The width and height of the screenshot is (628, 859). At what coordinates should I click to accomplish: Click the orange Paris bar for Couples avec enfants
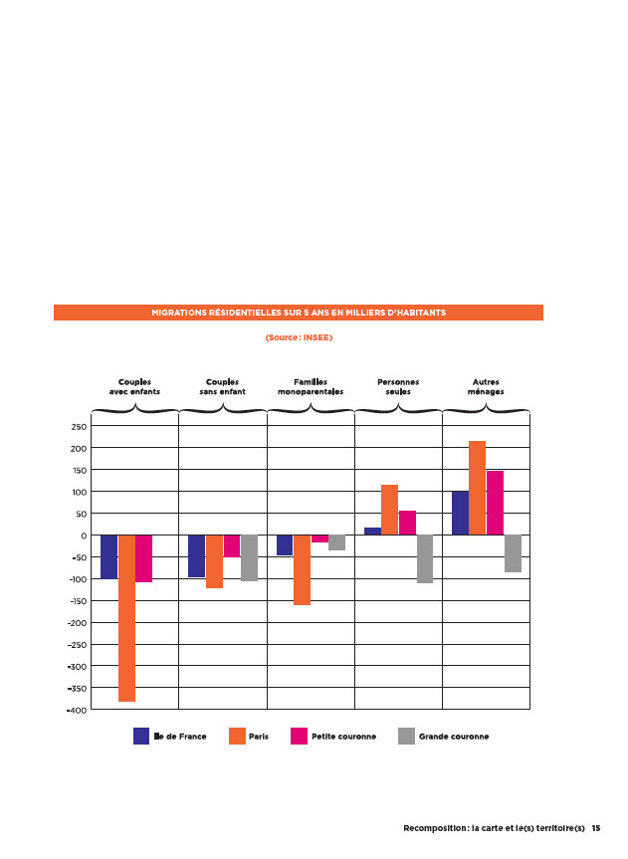click(126, 618)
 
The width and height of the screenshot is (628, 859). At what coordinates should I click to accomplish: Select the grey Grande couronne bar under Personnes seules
click(425, 558)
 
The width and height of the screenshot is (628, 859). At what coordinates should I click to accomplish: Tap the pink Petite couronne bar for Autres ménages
click(495, 503)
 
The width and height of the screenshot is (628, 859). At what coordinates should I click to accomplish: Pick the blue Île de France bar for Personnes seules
click(372, 532)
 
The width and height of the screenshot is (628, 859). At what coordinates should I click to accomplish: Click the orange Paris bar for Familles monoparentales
click(302, 569)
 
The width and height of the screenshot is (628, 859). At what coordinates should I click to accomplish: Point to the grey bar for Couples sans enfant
click(250, 557)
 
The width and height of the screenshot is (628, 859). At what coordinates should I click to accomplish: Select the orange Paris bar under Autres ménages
click(478, 488)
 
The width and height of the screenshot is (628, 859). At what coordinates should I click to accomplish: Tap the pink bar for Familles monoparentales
click(320, 538)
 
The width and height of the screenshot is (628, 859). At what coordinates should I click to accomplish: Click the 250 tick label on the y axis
click(79, 427)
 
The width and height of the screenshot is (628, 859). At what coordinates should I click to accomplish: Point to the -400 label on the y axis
click(77, 710)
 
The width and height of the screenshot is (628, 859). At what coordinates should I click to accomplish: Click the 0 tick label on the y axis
click(84, 536)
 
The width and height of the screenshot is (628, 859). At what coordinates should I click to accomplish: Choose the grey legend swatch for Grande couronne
click(407, 736)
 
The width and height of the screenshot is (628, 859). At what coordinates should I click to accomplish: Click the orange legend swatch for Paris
click(237, 736)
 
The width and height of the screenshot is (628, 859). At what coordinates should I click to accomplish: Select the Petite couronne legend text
click(344, 737)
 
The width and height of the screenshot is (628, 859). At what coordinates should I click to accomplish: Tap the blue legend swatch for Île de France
click(141, 736)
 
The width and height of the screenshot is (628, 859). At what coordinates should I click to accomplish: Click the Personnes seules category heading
click(398, 387)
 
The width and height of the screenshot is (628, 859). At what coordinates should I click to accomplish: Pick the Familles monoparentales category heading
click(311, 387)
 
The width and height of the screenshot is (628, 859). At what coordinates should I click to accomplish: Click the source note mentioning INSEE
click(299, 337)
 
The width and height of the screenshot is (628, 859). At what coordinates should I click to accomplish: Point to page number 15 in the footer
click(596, 828)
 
